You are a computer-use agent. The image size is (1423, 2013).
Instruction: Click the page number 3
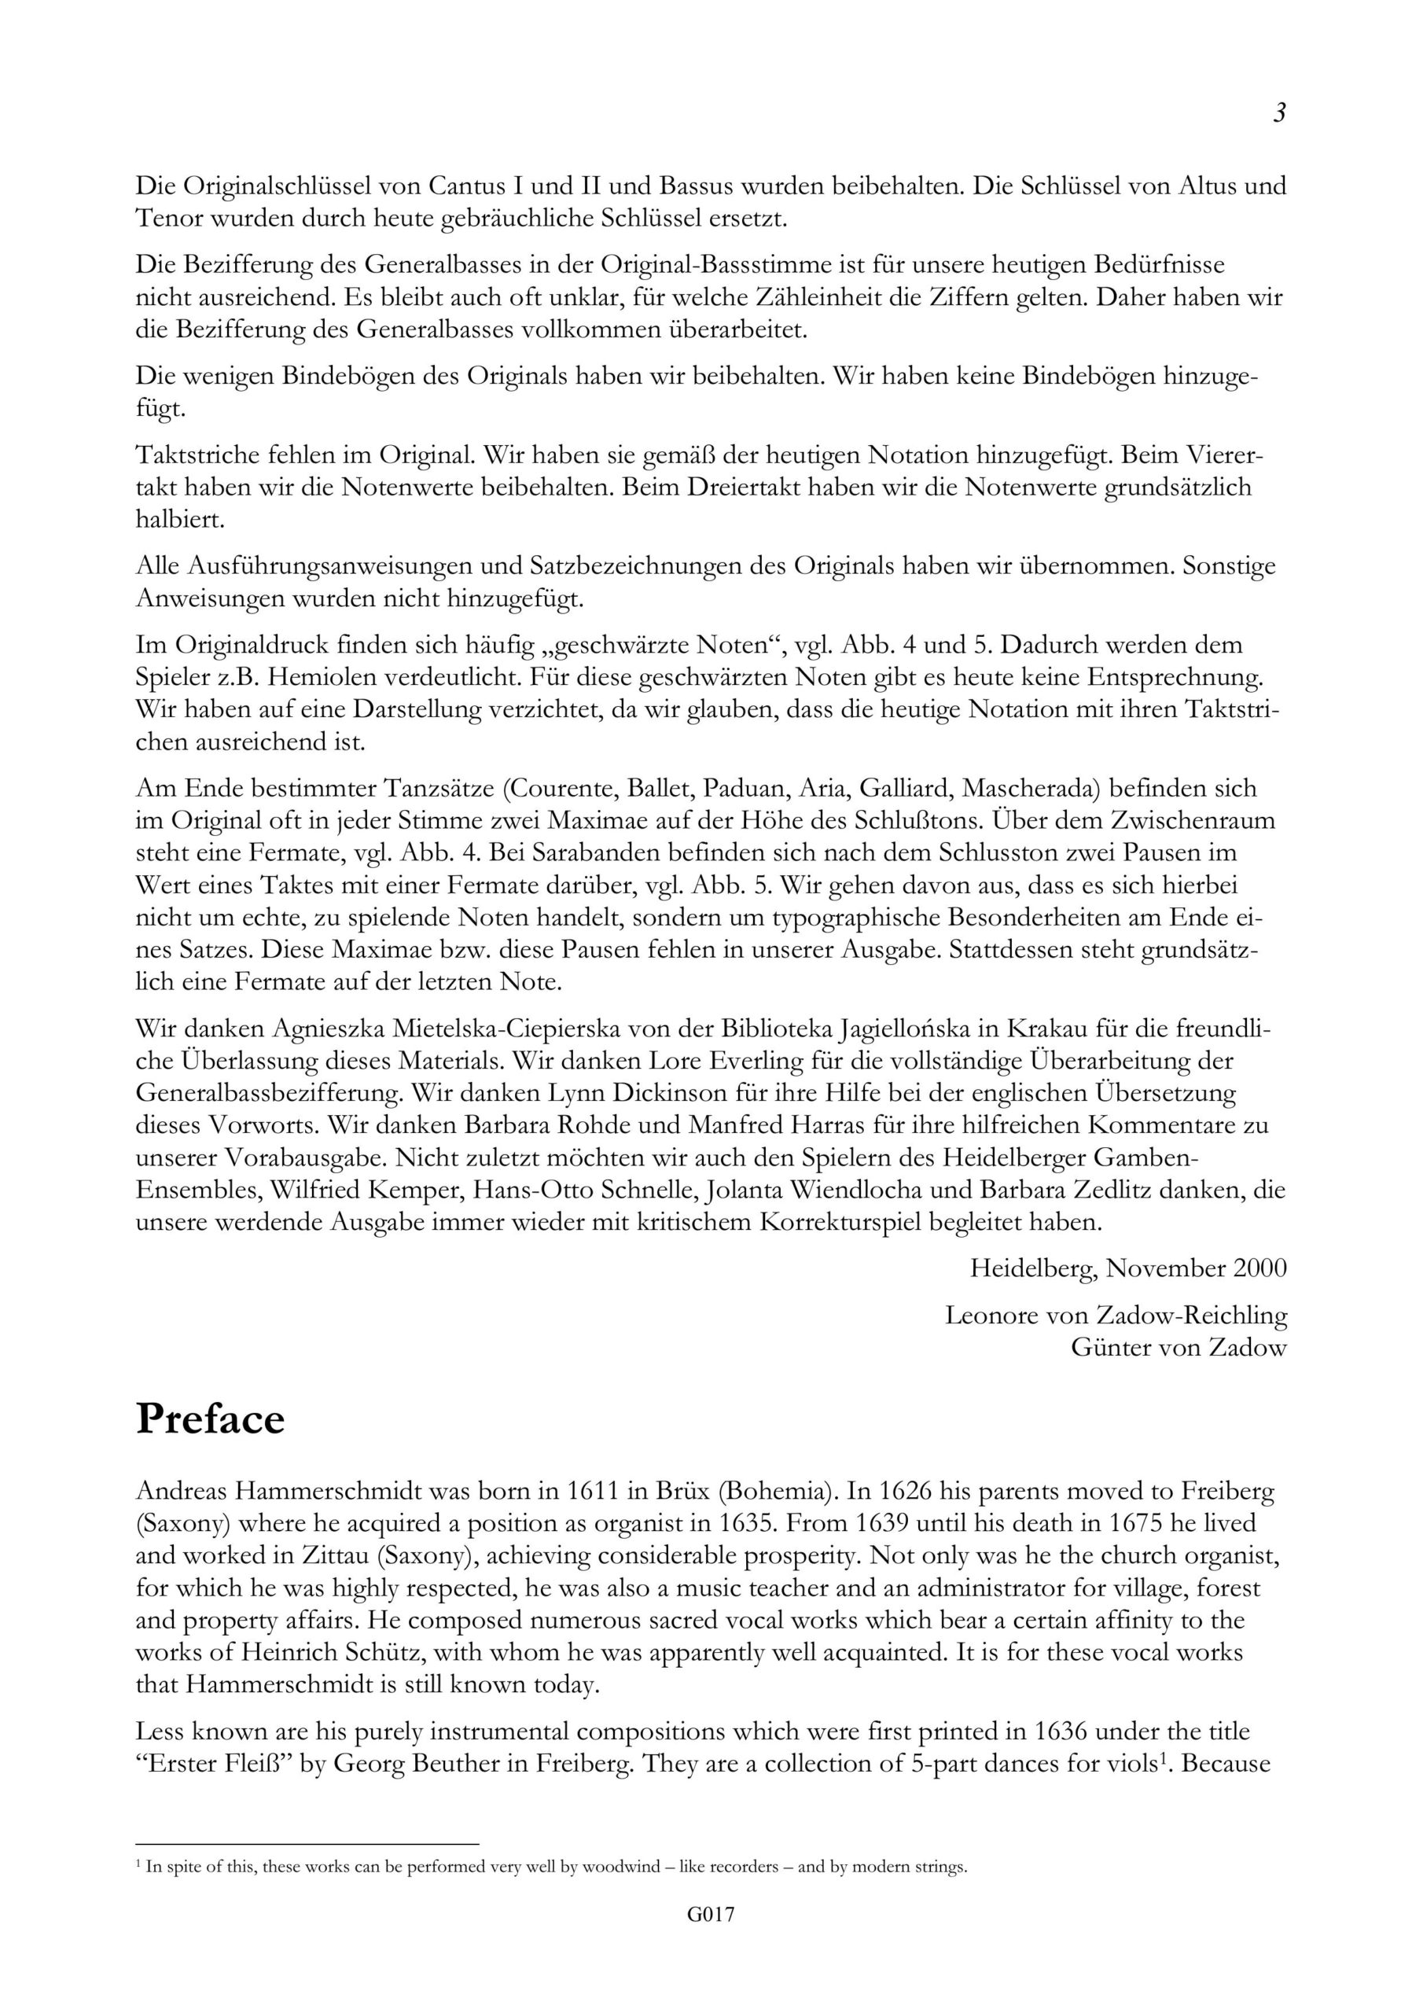1279,113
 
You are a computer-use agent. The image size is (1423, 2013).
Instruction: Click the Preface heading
211,1419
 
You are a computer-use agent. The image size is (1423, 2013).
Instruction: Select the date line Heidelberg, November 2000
1128,1268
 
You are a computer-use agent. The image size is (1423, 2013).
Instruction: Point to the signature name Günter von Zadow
1178,1348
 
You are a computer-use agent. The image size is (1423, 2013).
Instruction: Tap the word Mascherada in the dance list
1030,788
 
